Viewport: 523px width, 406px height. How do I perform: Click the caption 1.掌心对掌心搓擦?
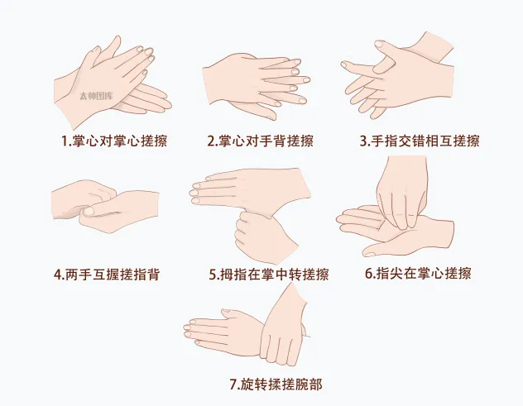point(114,141)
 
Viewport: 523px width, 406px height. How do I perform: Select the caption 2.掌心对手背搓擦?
point(260,141)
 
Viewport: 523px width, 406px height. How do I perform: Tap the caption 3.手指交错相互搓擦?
point(419,141)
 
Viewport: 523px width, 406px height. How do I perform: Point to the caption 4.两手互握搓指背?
point(106,275)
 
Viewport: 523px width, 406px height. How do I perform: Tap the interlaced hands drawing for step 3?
point(397,79)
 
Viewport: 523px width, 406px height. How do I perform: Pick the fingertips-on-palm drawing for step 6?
point(396,211)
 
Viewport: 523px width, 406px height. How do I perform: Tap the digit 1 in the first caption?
point(65,141)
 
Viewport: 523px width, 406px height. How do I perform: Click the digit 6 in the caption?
point(368,274)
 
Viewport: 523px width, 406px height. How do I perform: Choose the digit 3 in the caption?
point(363,141)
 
